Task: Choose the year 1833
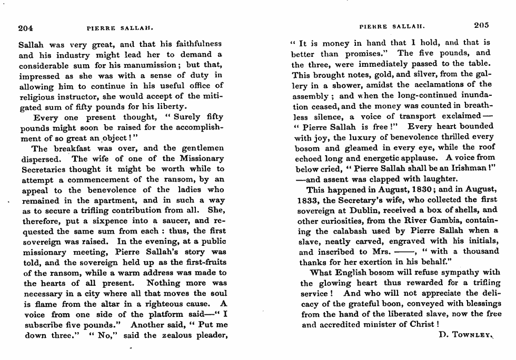[x=307, y=200]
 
